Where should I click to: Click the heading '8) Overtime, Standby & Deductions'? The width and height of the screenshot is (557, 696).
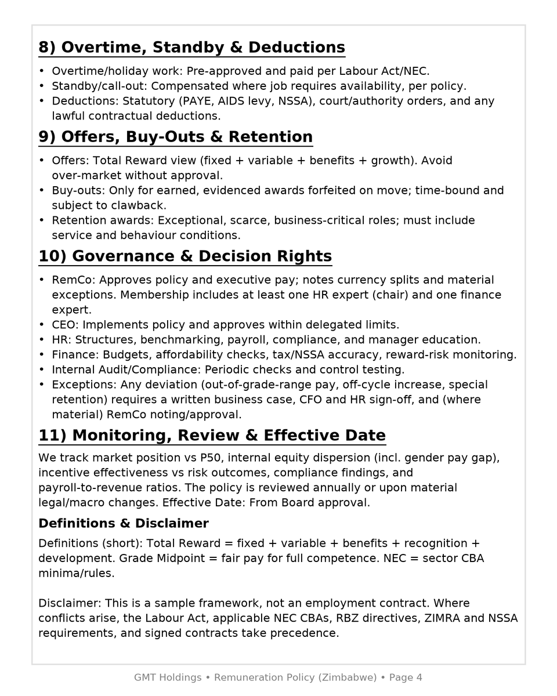(x=191, y=48)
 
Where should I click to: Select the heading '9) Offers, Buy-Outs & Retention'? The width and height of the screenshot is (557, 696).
(x=175, y=137)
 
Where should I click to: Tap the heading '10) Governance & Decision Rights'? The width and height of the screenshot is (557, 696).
(x=185, y=256)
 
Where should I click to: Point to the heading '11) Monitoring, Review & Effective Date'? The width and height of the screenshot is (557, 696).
(x=212, y=436)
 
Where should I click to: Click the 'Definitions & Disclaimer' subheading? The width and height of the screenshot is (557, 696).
(x=123, y=524)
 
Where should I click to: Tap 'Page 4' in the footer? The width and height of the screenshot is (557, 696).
(x=406, y=677)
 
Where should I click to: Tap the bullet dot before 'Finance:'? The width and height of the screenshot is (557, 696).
(x=42, y=355)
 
